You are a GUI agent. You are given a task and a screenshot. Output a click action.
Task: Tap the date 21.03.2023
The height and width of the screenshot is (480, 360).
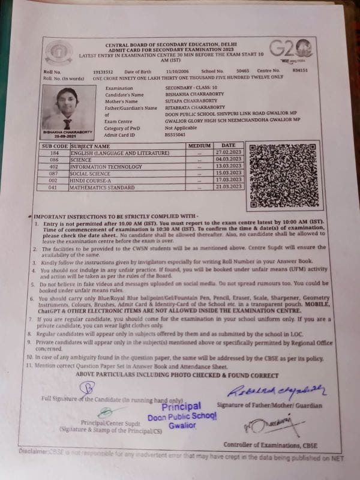(x=228, y=187)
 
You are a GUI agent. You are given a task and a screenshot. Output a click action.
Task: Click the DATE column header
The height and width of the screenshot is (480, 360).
(x=228, y=146)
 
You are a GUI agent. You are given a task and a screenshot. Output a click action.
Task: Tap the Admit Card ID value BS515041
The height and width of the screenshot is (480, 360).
(x=175, y=134)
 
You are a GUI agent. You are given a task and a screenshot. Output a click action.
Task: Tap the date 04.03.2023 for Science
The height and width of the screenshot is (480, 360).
(x=228, y=160)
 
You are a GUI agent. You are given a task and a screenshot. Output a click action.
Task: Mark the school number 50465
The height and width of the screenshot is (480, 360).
(x=242, y=71)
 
